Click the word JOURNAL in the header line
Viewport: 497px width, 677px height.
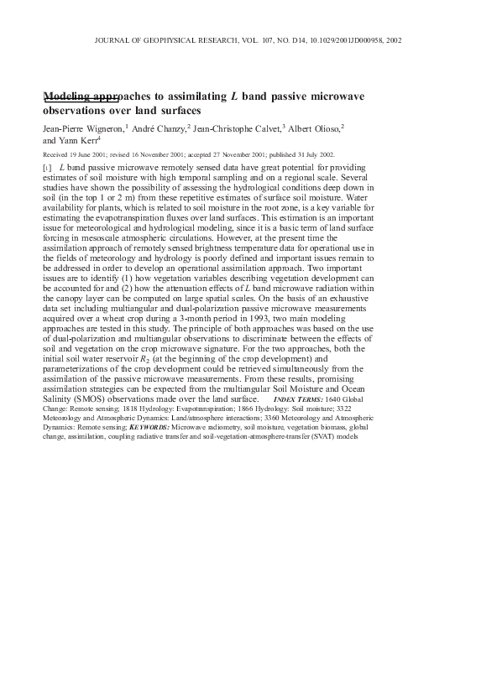tap(113, 39)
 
